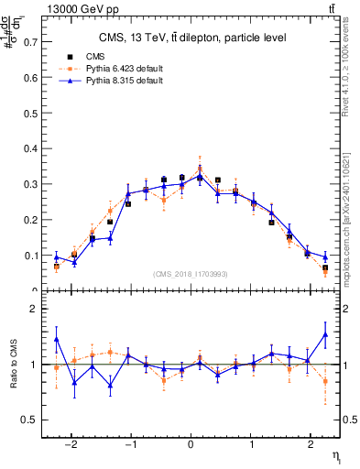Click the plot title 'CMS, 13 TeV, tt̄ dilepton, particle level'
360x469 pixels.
192,38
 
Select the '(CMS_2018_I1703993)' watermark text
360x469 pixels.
191,274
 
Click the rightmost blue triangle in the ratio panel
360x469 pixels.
325,334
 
